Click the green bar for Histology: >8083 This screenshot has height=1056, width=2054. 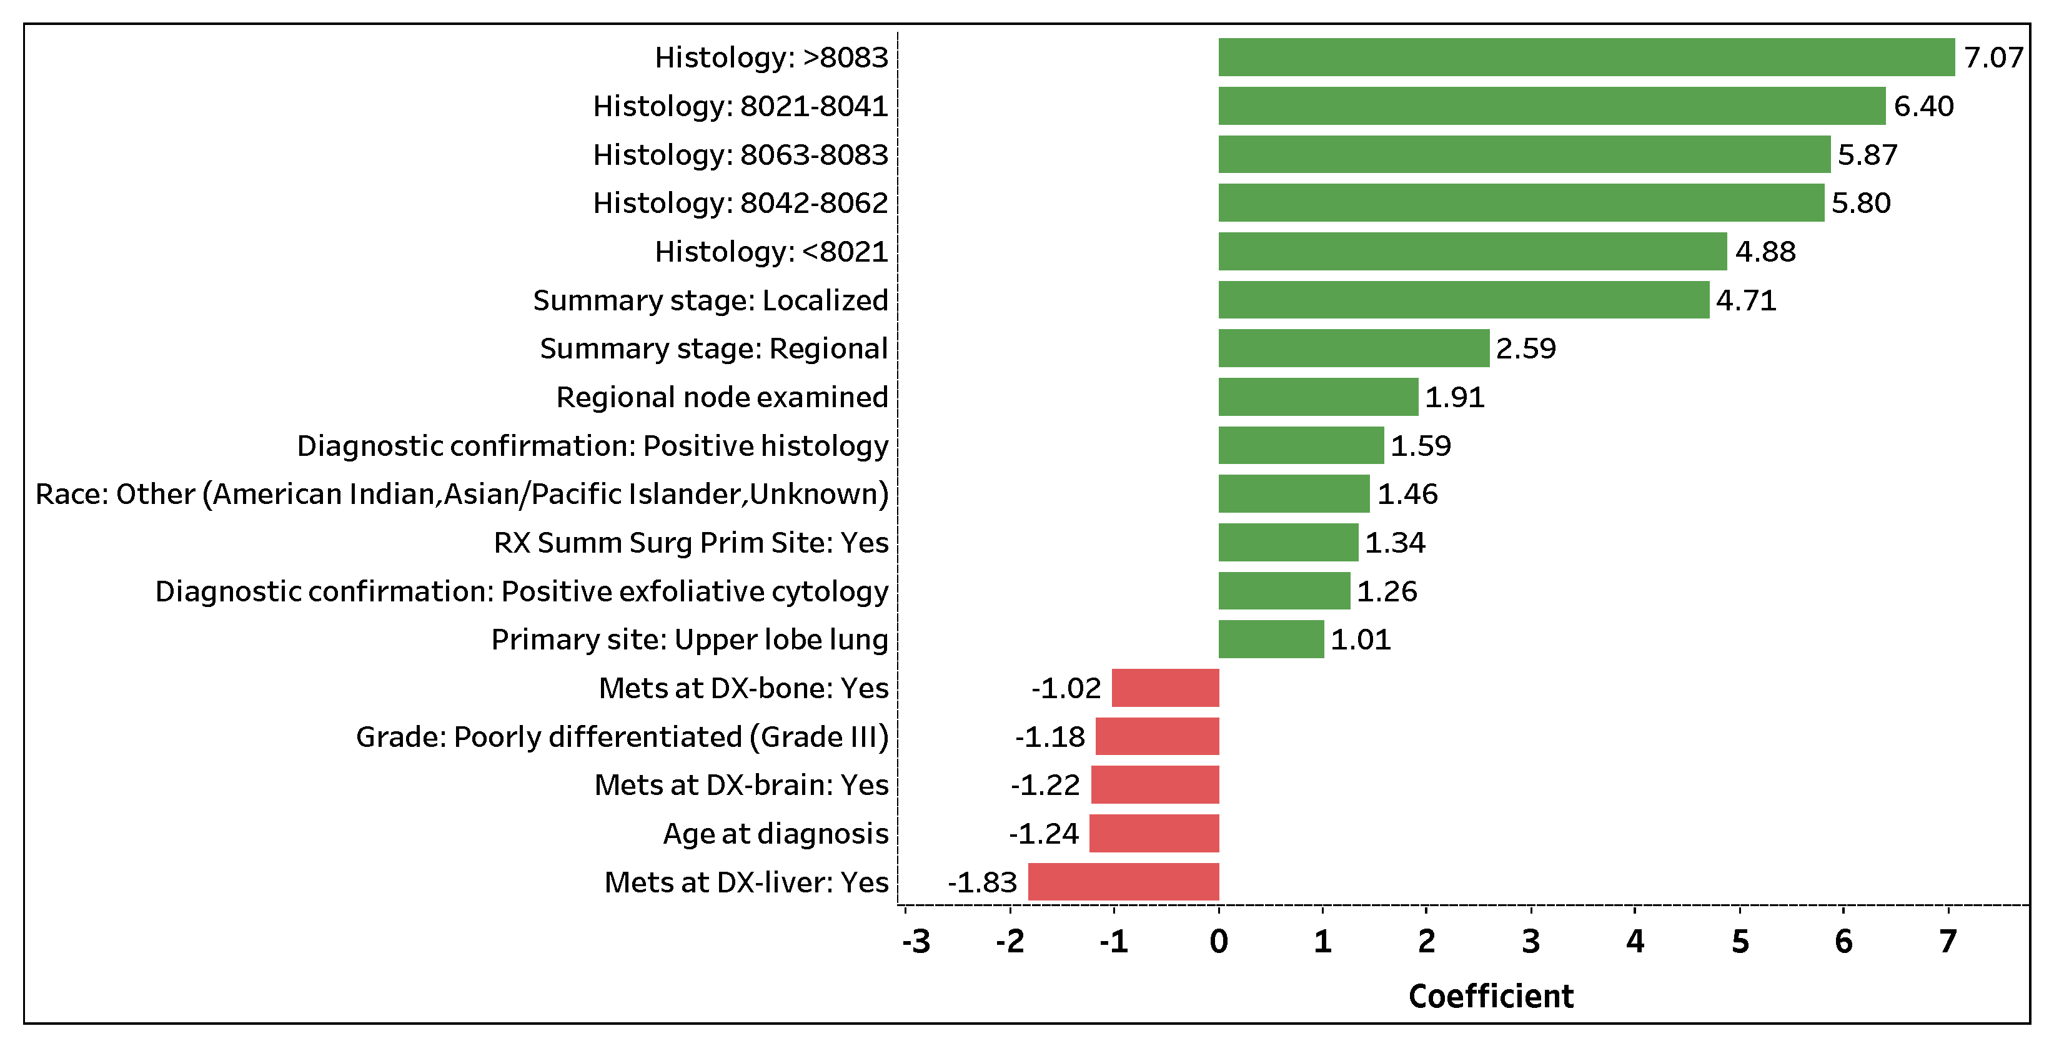coord(1586,57)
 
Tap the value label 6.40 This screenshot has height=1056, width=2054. coord(1923,106)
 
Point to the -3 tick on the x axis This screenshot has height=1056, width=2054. coord(916,941)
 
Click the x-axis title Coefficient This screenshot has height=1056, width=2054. coord(1491,996)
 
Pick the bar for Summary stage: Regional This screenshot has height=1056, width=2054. coord(1353,348)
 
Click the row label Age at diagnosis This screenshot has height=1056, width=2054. coord(775,834)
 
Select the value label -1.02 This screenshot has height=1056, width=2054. coord(1066,688)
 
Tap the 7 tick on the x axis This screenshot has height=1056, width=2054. coord(1948,941)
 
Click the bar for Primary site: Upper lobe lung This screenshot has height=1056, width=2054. coord(1271,639)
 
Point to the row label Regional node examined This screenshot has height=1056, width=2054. coord(722,397)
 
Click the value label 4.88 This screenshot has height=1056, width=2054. coord(1765,252)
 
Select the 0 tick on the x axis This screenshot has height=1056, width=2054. coord(1218,941)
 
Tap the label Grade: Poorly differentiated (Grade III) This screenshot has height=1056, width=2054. coord(622,736)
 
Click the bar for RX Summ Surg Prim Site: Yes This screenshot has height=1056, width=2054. coord(1287,542)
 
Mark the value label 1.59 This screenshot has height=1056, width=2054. coord(1421,445)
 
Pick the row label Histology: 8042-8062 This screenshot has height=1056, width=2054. coord(740,203)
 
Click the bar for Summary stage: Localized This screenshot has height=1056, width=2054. coord(1463,300)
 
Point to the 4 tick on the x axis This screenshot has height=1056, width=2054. coord(1635,941)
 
